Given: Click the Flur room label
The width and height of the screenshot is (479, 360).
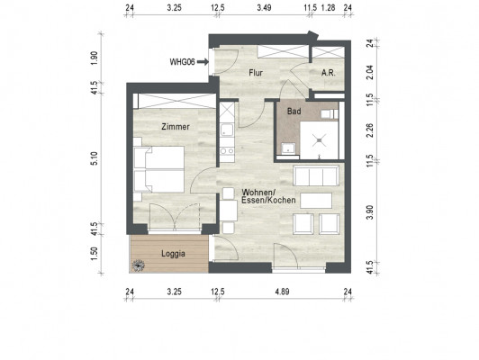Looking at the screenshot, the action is click(x=256, y=73).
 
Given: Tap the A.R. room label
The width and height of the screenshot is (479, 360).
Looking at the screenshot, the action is click(x=329, y=73).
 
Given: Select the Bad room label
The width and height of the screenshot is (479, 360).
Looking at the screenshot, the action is click(x=294, y=112).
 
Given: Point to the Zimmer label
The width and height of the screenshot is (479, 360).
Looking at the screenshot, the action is click(x=176, y=127).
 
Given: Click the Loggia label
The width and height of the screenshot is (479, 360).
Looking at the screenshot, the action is click(x=173, y=254).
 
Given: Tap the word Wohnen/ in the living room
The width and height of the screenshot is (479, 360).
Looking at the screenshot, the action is click(x=258, y=193).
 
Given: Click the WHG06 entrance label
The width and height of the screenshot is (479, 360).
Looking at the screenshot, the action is click(x=183, y=62).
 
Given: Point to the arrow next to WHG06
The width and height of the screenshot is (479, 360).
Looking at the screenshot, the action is click(x=203, y=62).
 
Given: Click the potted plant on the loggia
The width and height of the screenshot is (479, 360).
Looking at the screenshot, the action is click(x=139, y=265).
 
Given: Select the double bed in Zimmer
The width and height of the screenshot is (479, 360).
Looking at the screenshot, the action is click(x=159, y=169).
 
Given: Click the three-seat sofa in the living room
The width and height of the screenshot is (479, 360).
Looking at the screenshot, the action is click(x=316, y=175).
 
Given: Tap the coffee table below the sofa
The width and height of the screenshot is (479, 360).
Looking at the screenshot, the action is click(x=316, y=201).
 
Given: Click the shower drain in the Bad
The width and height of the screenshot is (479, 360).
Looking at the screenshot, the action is click(x=320, y=140).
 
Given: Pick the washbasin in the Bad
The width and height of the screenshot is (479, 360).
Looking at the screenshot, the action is click(x=287, y=148).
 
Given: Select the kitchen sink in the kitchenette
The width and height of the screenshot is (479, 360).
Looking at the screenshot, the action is click(x=227, y=130).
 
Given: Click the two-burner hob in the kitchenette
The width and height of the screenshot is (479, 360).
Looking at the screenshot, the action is click(x=227, y=151).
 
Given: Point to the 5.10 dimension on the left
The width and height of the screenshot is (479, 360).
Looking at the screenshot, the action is click(x=95, y=158).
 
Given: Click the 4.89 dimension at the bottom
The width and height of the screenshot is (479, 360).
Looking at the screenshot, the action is click(x=282, y=292).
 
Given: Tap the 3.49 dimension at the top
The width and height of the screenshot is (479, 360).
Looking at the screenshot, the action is click(x=264, y=7).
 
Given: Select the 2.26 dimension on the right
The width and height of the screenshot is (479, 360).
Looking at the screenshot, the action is click(x=370, y=130).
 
